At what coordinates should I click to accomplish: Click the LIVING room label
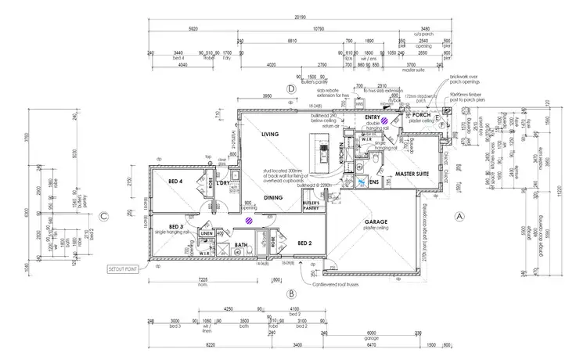click(x=270, y=135)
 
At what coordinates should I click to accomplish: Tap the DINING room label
click(x=273, y=198)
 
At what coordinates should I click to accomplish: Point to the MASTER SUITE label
click(x=412, y=174)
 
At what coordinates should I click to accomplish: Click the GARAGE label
click(x=376, y=222)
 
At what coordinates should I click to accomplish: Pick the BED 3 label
click(x=164, y=226)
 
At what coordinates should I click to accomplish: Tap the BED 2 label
click(x=306, y=243)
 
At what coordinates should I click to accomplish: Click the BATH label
click(x=241, y=245)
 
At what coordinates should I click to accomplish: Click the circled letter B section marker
click(x=290, y=293)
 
